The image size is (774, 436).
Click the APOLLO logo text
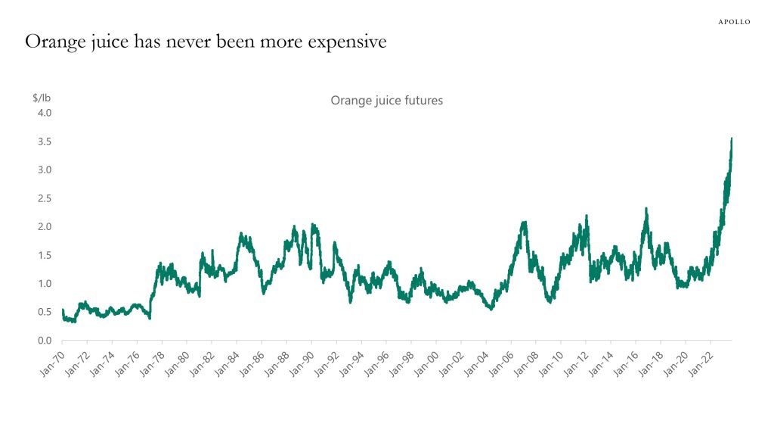(733, 22)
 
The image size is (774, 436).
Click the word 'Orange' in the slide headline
(53, 42)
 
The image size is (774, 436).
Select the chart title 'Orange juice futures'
(386, 100)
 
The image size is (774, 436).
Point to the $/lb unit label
(42, 97)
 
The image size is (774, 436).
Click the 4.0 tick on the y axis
(44, 113)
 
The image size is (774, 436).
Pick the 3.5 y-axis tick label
(44, 142)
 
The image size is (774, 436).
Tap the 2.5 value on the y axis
(44, 198)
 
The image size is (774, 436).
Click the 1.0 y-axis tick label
(44, 284)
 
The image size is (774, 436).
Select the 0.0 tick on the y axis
(44, 341)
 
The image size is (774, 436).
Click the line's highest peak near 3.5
(731, 139)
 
